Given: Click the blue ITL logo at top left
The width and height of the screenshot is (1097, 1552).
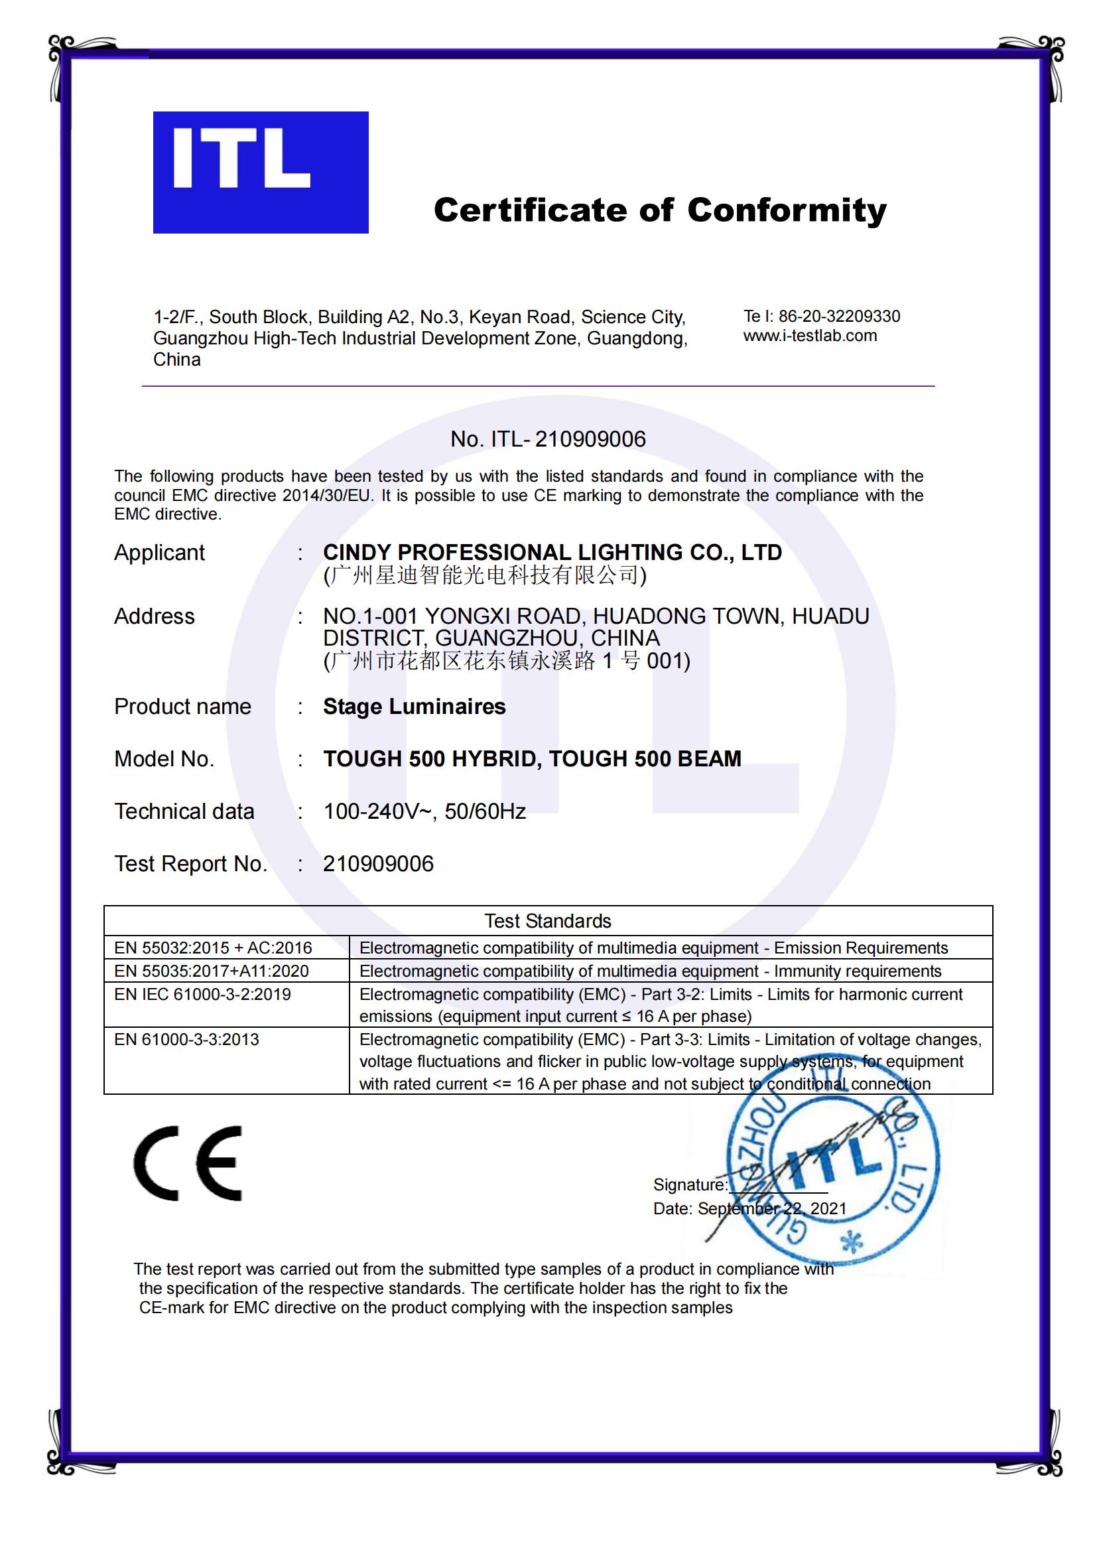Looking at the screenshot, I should [x=260, y=172].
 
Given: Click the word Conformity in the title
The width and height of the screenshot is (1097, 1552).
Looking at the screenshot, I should [x=787, y=210].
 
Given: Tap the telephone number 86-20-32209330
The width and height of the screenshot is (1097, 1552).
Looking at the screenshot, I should [x=839, y=317].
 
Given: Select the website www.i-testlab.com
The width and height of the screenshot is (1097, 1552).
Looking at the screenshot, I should [x=810, y=336].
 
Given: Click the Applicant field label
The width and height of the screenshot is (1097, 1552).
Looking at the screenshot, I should [x=159, y=553].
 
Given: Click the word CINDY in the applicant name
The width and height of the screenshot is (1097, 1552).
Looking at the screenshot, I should [x=357, y=553].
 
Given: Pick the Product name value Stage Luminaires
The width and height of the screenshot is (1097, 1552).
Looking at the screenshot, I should [x=414, y=707].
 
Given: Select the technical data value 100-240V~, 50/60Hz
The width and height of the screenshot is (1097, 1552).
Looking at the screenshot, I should [x=424, y=811].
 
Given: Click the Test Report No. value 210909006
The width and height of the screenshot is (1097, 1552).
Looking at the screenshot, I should [x=378, y=864].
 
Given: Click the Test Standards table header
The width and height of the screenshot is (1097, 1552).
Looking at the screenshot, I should [x=547, y=921].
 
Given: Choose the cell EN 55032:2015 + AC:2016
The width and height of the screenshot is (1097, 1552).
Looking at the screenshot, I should [x=213, y=948].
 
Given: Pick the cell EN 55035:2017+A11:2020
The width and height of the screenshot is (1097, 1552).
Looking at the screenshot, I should [x=211, y=971].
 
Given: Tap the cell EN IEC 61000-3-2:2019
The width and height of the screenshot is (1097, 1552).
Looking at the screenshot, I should [x=202, y=995].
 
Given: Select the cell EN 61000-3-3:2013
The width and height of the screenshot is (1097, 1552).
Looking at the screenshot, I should [x=186, y=1040].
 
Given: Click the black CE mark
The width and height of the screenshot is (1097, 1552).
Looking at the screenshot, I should [x=188, y=1163].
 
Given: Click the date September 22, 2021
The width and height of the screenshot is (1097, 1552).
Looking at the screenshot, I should [x=771, y=1208].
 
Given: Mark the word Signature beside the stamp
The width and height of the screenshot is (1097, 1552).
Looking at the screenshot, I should [x=690, y=1185].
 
